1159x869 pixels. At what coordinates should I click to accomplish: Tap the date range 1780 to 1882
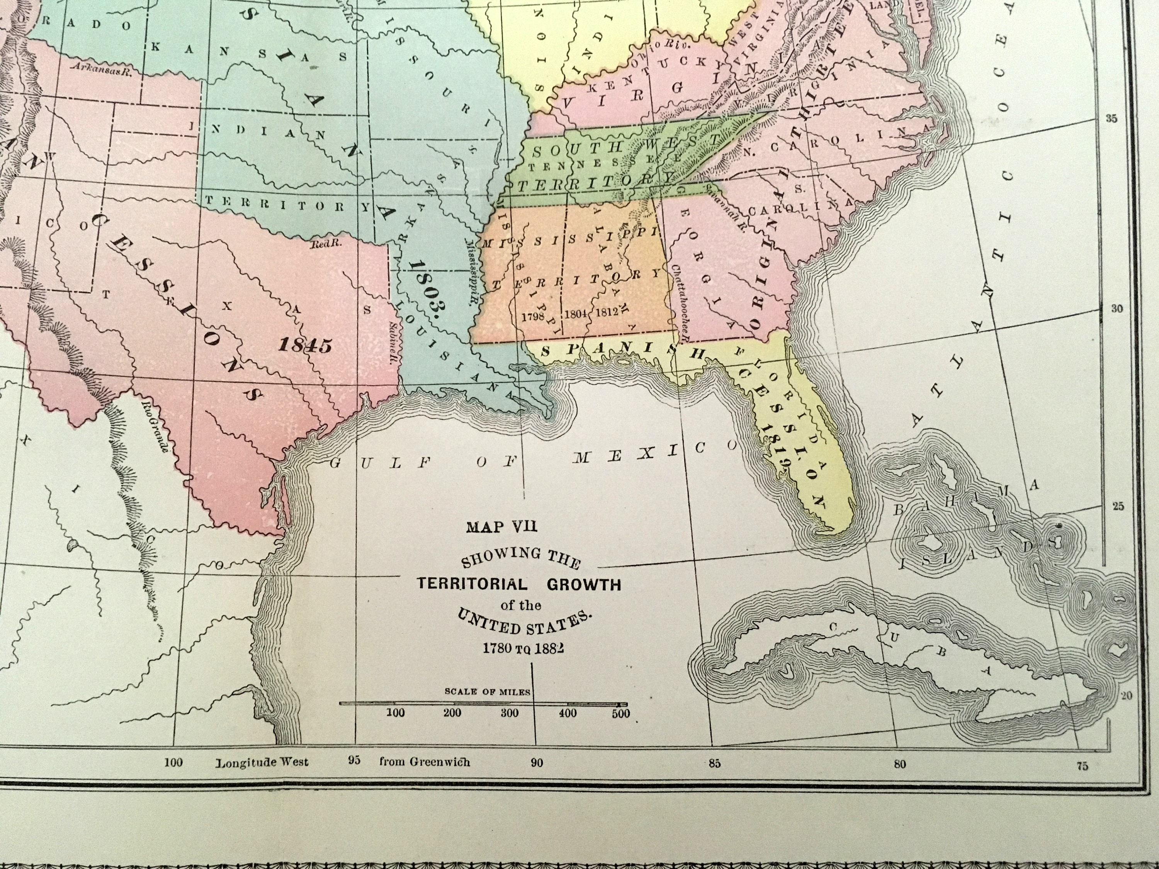[x=523, y=648]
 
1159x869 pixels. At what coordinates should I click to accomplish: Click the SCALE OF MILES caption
[x=487, y=691]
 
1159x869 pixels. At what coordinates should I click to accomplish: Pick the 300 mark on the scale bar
[x=509, y=713]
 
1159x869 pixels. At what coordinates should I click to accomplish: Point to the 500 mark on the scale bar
[x=621, y=713]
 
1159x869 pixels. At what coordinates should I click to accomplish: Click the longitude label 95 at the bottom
[x=355, y=760]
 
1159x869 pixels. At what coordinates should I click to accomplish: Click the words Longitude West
[x=262, y=762]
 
